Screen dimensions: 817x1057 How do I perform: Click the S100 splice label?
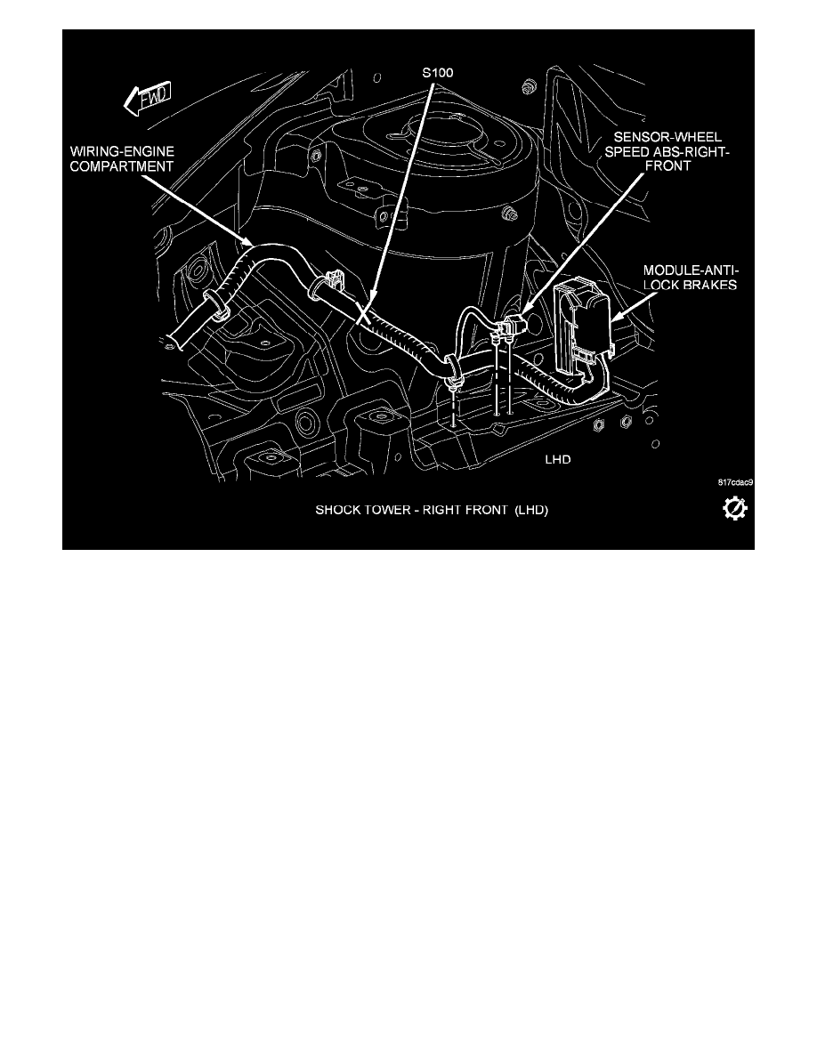point(438,72)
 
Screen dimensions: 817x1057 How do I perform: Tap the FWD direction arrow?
point(148,99)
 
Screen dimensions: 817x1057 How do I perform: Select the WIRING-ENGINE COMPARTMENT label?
point(122,159)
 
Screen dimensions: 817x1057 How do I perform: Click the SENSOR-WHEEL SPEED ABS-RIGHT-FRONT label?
point(667,151)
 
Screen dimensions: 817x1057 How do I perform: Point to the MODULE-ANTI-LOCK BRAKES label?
point(690,277)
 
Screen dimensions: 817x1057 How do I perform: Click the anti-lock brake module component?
point(582,330)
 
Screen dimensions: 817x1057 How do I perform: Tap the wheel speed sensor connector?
point(511,326)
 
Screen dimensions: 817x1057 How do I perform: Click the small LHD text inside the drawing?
point(557,460)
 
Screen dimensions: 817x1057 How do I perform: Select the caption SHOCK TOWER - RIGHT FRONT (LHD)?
point(432,511)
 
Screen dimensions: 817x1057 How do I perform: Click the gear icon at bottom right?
point(734,508)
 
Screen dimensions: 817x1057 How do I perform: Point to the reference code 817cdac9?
point(735,482)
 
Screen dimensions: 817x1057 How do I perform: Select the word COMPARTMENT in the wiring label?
point(122,166)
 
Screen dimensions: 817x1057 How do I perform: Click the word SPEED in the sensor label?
point(627,151)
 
